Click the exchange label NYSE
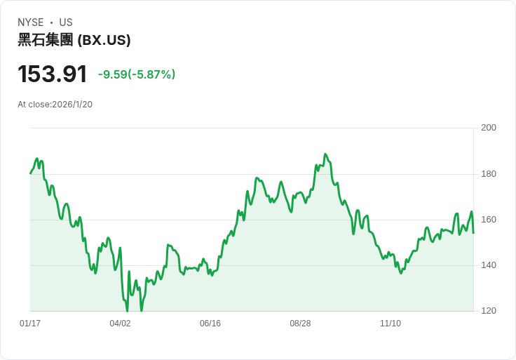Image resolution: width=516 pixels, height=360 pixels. point(30,22)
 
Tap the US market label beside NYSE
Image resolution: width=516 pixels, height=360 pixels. point(66,22)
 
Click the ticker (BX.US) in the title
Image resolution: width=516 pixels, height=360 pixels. point(104,41)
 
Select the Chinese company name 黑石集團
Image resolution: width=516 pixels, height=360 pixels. point(45,41)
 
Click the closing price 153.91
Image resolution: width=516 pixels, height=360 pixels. point(53,74)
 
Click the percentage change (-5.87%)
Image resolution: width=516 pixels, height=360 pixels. point(154,74)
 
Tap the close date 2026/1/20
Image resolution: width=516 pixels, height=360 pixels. point(72,105)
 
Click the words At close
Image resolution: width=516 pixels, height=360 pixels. point(34,105)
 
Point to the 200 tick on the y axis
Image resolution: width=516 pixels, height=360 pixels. point(489,128)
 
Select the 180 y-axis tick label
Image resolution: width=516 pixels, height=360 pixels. point(489,174)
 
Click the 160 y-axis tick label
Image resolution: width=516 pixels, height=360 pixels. point(489,220)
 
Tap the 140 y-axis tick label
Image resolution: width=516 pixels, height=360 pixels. point(489,265)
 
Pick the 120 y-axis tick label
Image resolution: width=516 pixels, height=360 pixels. point(489,311)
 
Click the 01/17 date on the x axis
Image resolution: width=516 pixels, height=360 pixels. point(30,324)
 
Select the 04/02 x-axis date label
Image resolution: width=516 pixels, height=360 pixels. point(120,324)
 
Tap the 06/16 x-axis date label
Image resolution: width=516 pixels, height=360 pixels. point(210,324)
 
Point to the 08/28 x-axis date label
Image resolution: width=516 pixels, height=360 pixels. point(300,324)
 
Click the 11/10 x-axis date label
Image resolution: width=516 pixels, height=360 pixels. point(390,324)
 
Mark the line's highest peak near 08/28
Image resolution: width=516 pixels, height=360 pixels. point(325,154)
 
